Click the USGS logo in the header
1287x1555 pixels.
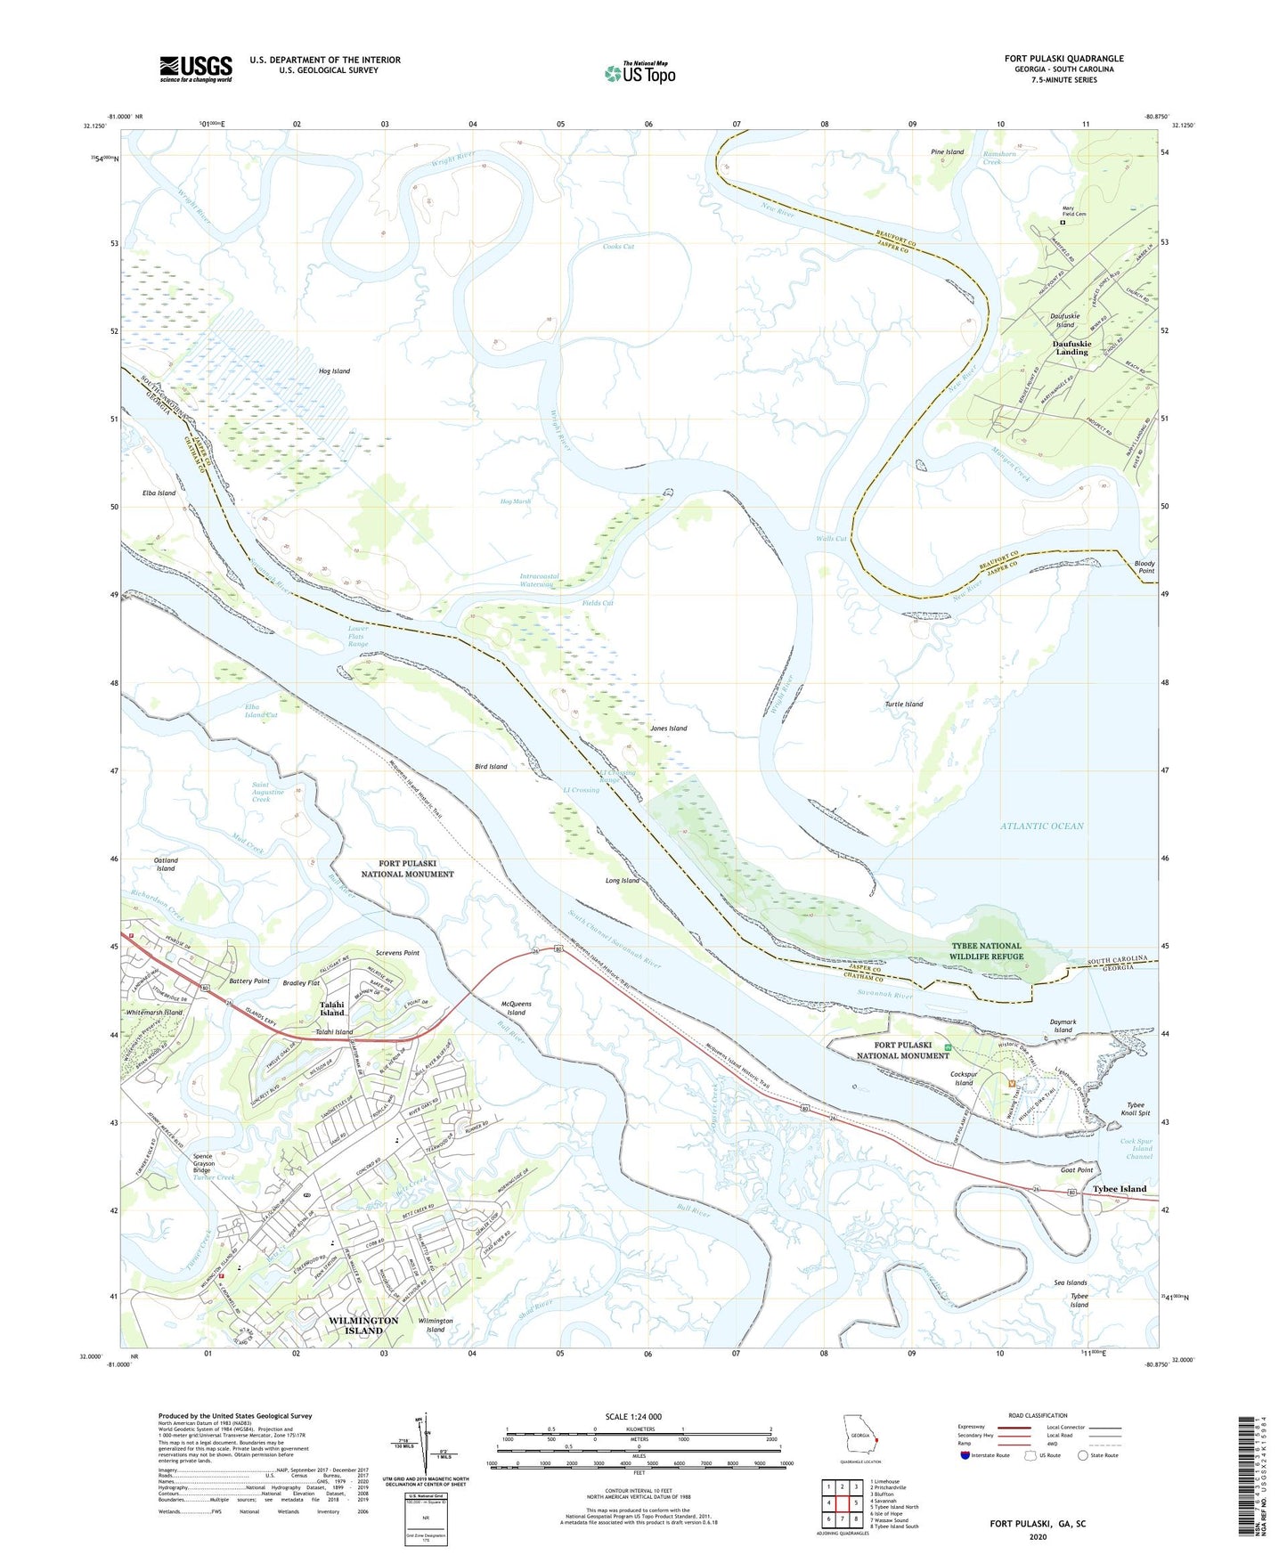pos(196,68)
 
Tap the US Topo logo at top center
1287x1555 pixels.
pos(640,72)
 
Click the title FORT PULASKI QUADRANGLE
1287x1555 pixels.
pos(1063,59)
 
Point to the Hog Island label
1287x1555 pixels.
pos(334,370)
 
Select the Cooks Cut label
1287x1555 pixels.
pos(618,247)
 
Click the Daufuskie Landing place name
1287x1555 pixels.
pos(1071,347)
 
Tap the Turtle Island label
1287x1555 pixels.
pos(903,704)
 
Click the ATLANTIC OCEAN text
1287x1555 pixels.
pos(1041,826)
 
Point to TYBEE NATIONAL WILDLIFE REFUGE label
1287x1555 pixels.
pos(986,951)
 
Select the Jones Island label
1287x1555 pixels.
pos(668,728)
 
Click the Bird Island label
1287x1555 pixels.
pos(491,766)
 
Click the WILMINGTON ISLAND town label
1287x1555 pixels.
pos(363,1325)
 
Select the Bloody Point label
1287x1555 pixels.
pos(1144,566)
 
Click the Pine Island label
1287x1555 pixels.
pos(947,152)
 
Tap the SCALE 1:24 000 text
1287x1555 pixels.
pos(632,1416)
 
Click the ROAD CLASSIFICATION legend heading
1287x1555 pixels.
pos(1038,1415)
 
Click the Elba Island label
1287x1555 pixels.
pos(159,493)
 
